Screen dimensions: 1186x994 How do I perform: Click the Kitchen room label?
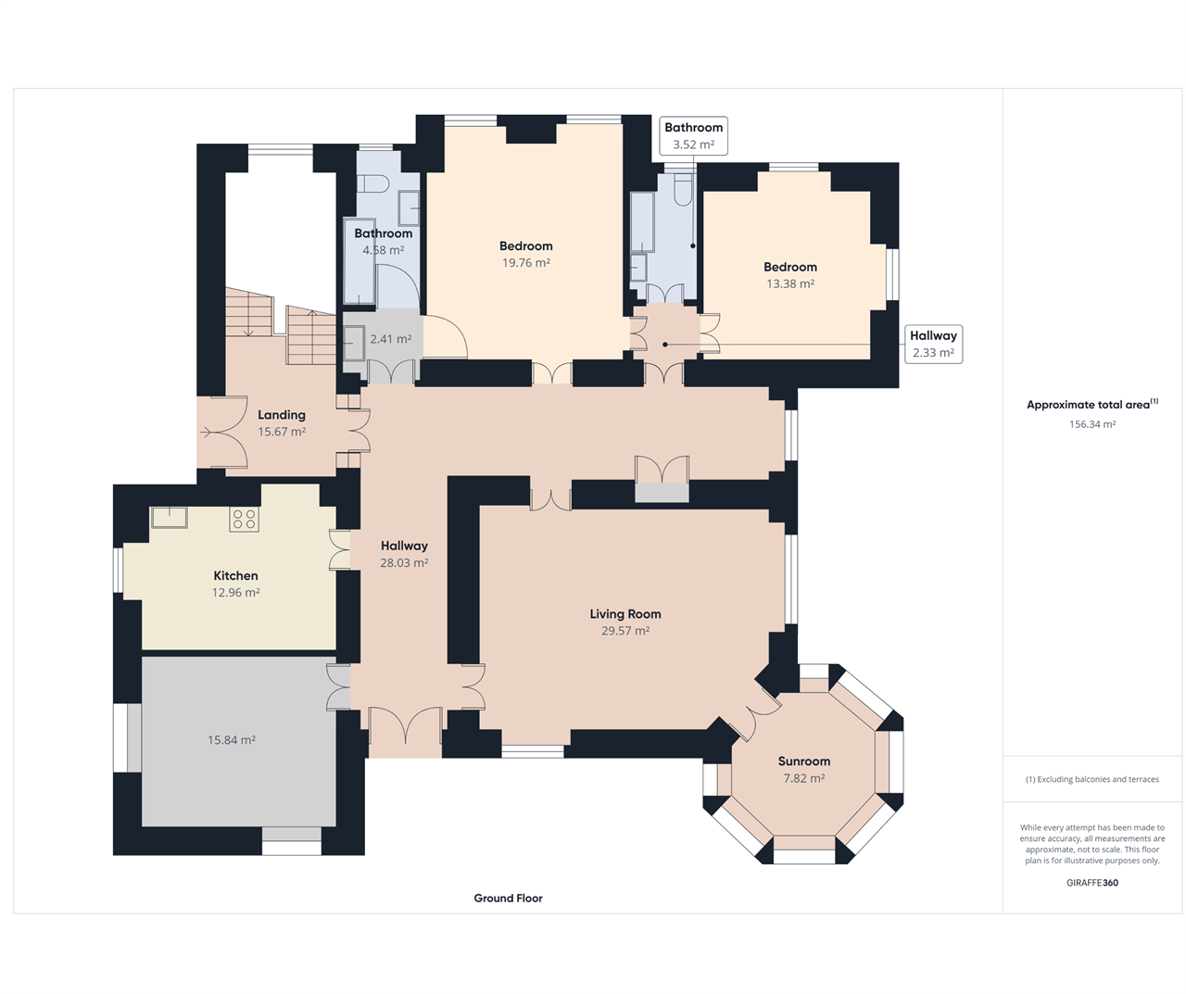click(235, 575)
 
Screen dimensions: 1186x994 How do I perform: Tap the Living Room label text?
click(625, 614)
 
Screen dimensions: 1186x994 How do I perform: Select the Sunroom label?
click(804, 761)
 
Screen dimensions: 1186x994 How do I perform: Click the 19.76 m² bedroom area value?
click(526, 263)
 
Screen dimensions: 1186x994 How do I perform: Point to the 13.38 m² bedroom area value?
click(790, 283)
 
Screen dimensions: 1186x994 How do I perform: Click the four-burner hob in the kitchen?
click(245, 519)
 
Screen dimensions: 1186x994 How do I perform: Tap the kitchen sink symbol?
click(170, 517)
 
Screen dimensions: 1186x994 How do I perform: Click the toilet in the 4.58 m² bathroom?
click(373, 183)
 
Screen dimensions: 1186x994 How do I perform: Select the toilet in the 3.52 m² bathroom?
click(683, 190)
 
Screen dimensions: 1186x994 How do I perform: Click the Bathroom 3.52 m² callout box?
click(694, 136)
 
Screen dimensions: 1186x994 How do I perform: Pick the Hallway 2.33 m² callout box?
click(933, 345)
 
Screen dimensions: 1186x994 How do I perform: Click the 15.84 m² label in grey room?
click(232, 740)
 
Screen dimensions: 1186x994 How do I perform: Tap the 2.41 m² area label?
click(391, 339)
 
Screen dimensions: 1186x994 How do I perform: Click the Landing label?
click(282, 415)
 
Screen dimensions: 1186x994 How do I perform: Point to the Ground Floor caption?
click(509, 898)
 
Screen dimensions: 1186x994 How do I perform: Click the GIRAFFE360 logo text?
click(1092, 883)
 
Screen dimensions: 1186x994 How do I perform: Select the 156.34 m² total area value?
click(1092, 424)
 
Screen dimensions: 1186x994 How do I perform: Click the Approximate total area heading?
click(1092, 405)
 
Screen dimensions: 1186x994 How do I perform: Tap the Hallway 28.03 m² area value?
click(404, 563)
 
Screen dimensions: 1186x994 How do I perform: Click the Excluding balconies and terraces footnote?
click(1092, 779)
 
